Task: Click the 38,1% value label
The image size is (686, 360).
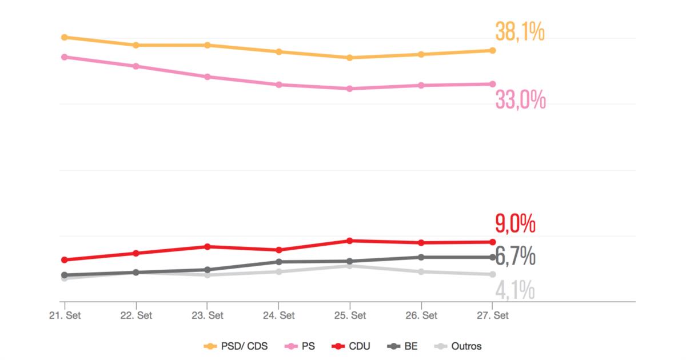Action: [x=520, y=33]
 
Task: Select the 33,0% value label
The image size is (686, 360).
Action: [x=520, y=101]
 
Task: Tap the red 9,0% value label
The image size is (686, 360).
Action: [x=515, y=224]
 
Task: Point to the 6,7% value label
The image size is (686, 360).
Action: [x=515, y=257]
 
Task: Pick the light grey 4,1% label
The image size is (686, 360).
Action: [x=515, y=291]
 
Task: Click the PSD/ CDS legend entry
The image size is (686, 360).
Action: [x=236, y=346]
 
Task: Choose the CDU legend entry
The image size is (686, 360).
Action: [x=352, y=346]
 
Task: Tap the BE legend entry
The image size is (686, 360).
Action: [x=403, y=346]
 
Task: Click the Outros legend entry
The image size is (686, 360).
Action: [x=458, y=346]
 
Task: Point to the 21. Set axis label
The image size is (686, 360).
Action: [x=65, y=315]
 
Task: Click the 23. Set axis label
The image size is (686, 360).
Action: [x=207, y=315]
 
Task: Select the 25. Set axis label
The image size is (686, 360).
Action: [x=350, y=315]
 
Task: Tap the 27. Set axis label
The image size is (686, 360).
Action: [x=492, y=315]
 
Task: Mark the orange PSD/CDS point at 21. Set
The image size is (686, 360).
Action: [x=65, y=37]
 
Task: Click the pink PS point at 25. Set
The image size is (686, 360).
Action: [x=350, y=89]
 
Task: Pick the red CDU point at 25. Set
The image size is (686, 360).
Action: [x=350, y=241]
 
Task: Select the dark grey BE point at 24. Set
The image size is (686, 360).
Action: [x=278, y=262]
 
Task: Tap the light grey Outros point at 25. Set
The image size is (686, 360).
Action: [x=350, y=266]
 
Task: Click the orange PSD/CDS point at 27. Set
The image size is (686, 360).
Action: [x=492, y=50]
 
